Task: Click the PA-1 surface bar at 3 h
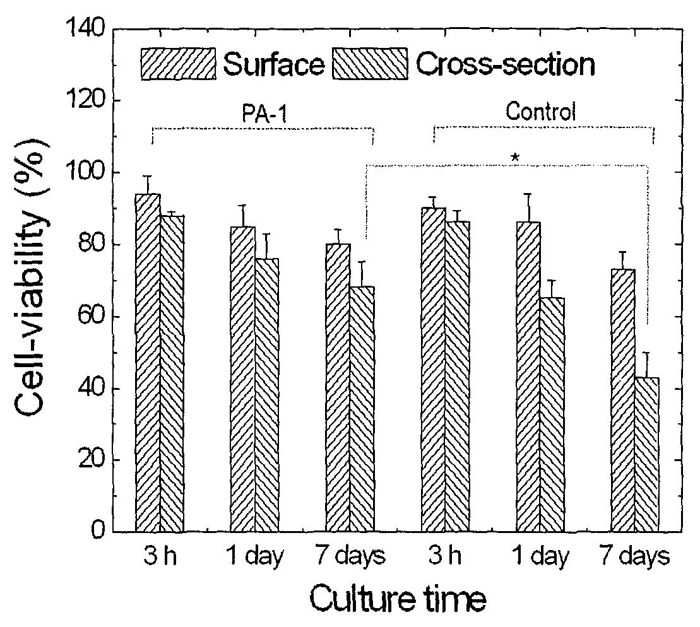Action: [x=148, y=363]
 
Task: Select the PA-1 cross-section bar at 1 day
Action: [x=267, y=395]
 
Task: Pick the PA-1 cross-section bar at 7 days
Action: [x=362, y=409]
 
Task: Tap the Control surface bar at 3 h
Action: [x=434, y=370]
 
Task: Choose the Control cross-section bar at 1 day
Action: [x=552, y=414]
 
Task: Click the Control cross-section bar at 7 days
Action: [x=647, y=455]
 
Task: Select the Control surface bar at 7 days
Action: [x=623, y=401]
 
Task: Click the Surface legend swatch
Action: [x=179, y=64]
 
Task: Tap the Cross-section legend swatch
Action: [x=370, y=64]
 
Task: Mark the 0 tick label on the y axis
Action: [x=98, y=531]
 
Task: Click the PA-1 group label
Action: [x=264, y=114]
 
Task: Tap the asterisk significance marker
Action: [x=515, y=158]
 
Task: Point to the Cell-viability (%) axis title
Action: [x=32, y=278]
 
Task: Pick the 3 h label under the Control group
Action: [x=445, y=556]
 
